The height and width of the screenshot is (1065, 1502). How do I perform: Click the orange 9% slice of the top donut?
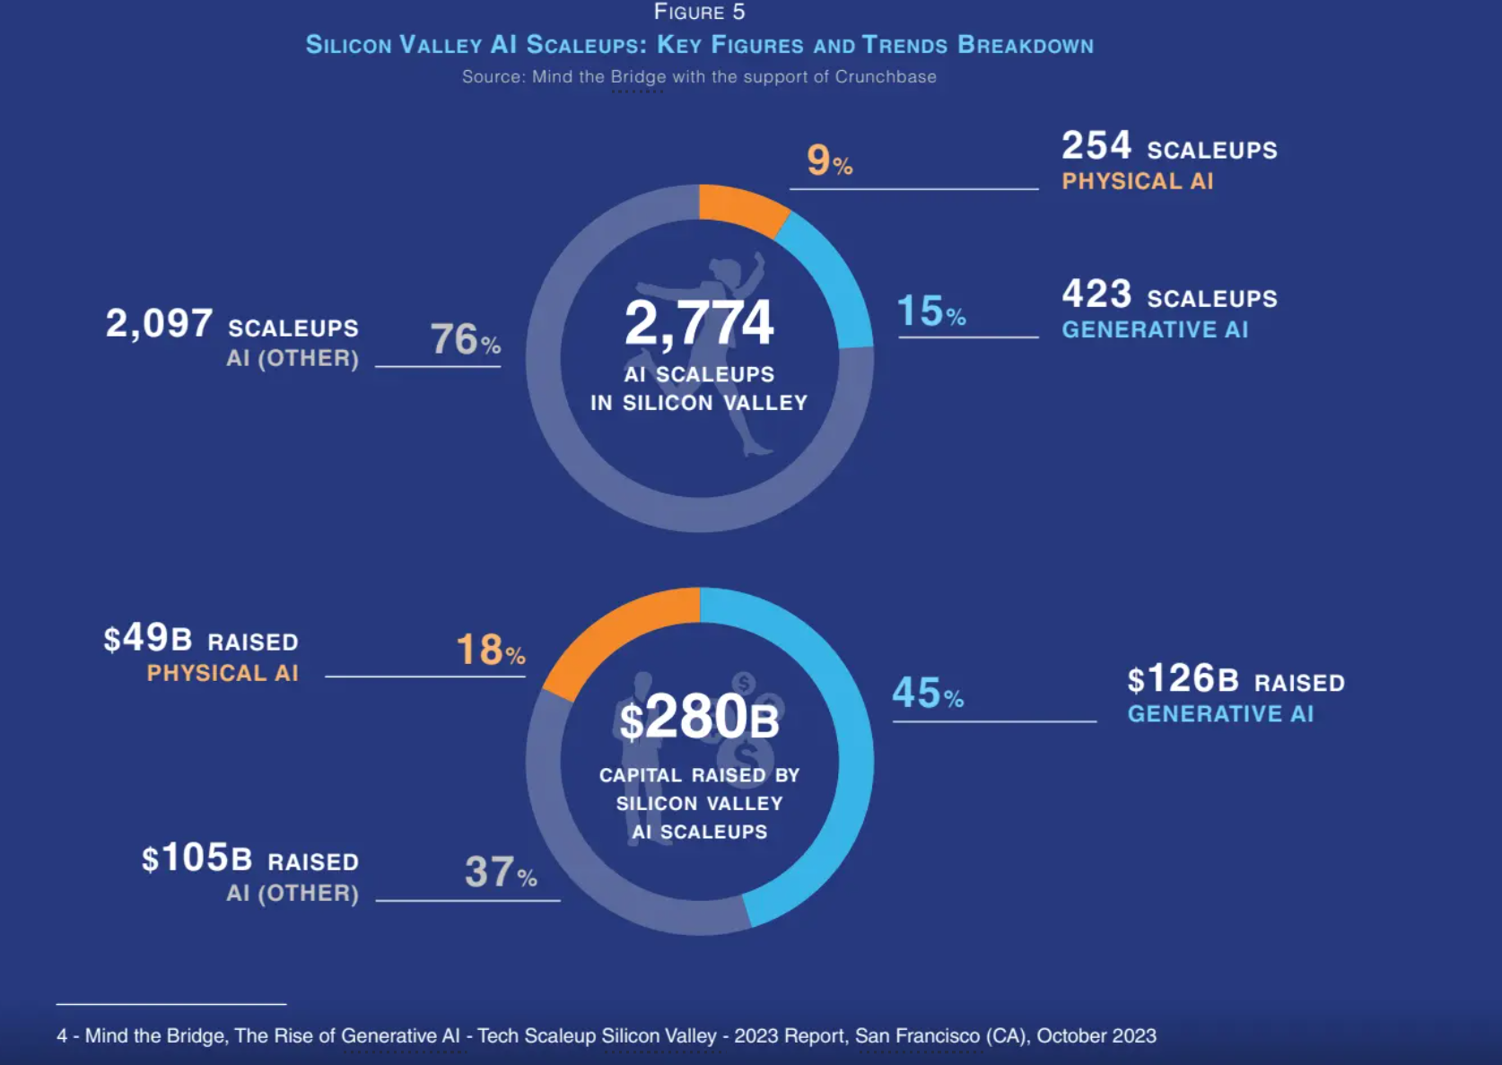741,207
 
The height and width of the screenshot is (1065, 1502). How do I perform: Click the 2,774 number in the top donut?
698,323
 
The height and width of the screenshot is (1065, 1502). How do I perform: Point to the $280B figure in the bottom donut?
699,719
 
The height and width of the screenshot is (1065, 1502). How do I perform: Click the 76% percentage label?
465,339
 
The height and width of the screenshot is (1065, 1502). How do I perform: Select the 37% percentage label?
500,872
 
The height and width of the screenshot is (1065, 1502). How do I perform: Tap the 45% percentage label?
928,694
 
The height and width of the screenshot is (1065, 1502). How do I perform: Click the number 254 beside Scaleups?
1096,146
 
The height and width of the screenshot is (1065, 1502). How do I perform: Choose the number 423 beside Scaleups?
1096,294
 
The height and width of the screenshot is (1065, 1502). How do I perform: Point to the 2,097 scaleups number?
159,323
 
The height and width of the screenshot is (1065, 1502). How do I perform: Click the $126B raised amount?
1183,679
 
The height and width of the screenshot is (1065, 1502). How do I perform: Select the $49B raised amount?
148,639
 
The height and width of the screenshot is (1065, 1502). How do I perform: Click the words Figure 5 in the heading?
699,13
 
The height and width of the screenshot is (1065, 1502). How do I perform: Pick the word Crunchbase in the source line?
885,77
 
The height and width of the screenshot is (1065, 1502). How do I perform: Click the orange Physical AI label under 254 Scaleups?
1137,181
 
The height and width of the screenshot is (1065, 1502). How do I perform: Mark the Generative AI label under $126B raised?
1220,714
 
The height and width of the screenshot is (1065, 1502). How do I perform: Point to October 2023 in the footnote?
1096,1036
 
